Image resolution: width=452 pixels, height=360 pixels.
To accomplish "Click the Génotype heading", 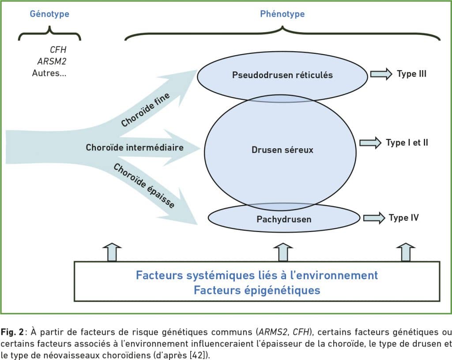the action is point(49,14).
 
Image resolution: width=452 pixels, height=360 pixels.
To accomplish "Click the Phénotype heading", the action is point(282,14).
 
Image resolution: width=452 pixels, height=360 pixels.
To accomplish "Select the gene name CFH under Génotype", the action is point(58,50).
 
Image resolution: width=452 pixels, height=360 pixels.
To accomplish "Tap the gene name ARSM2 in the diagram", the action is point(52,61).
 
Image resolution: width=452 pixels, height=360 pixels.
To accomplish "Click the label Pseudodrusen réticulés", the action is point(282,75).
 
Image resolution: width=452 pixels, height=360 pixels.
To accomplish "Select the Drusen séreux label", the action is point(282,150).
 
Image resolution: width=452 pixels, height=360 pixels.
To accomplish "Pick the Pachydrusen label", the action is point(284,219).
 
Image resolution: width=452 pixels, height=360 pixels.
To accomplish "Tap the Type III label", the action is point(411,74).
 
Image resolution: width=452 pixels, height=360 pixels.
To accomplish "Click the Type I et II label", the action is point(407,142).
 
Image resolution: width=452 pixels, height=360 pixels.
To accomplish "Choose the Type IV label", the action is point(403,218).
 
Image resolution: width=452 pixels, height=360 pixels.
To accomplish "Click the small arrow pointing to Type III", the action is point(381,74).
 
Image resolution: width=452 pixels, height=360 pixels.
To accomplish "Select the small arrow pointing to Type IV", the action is point(374,218).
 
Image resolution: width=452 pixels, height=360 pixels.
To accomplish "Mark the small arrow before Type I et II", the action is point(370,143).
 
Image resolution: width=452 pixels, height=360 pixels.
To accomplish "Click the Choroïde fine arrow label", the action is point(145,110).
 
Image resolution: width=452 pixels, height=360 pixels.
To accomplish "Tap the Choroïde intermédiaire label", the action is point(135,147).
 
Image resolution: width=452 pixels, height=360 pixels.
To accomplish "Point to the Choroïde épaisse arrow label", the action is point(144,185).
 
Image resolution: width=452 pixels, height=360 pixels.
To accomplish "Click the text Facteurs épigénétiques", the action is point(257,290).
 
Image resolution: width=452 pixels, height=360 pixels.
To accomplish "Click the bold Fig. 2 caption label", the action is point(12,332).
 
